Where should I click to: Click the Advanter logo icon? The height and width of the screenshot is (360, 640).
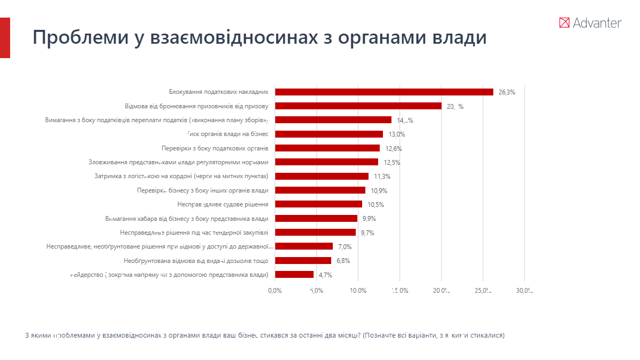click(564, 22)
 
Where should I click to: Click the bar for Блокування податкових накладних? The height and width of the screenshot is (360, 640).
click(384, 92)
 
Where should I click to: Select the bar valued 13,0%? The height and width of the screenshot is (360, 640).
click(329, 134)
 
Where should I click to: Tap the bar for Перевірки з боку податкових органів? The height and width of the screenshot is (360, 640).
click(327, 148)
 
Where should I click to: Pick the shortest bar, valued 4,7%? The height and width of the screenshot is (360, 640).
click(294, 275)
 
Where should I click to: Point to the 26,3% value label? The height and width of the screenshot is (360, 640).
click(507, 92)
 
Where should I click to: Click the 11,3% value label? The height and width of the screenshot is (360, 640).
click(382, 177)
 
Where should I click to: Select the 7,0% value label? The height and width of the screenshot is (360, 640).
click(345, 247)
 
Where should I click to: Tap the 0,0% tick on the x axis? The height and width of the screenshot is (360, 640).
click(275, 291)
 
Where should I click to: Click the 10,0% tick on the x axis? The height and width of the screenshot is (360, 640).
click(358, 291)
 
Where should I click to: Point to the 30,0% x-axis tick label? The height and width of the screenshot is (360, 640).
click(525, 291)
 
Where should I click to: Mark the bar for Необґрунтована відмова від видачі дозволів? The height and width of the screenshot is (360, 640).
click(303, 261)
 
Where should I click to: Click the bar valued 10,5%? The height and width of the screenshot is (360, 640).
click(318, 204)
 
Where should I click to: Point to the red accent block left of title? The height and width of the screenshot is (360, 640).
click(5, 37)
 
